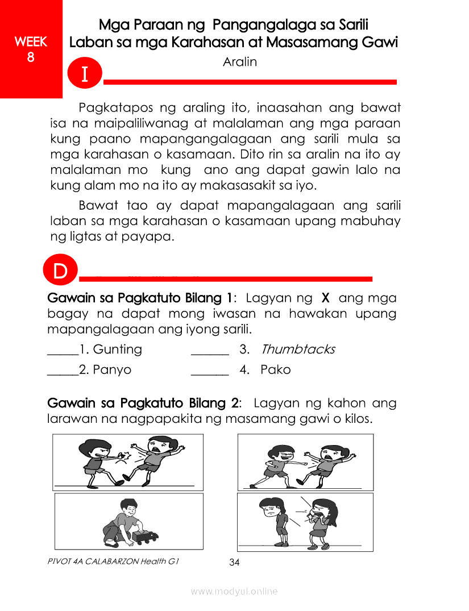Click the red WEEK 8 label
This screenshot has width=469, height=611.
(x=31, y=49)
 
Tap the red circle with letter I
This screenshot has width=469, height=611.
(x=85, y=74)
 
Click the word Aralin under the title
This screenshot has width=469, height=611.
(x=240, y=62)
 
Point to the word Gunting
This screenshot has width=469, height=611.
(x=117, y=349)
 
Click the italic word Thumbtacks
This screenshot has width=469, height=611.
(x=298, y=349)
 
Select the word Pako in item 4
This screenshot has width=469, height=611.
(x=276, y=369)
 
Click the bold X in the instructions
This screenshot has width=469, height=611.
(x=326, y=298)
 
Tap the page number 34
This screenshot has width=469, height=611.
(x=234, y=563)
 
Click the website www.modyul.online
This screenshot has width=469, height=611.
(x=234, y=592)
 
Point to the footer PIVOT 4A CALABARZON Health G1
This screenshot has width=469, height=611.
(x=114, y=562)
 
